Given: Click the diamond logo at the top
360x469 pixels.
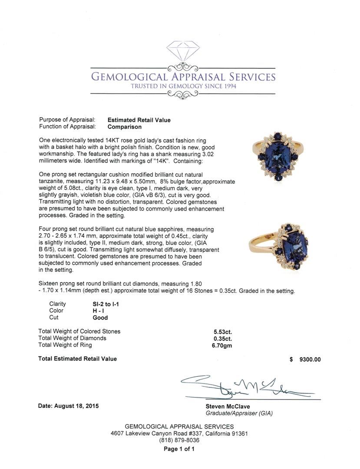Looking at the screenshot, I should point(183,52).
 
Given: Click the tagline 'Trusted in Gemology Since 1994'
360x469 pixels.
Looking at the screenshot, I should point(183,86).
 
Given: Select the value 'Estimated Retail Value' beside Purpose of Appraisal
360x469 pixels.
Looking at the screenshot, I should point(139,120).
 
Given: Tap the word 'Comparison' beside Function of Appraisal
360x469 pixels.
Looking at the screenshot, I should point(125,127).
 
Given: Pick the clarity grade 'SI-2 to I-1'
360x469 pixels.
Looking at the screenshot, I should point(103,304).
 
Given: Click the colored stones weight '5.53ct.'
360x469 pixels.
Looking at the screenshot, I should point(220,331).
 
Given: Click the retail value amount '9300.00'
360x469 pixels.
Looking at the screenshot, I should point(310,359).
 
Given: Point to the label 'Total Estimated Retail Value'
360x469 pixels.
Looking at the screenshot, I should point(77,359).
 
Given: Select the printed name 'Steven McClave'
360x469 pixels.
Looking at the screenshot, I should point(225,406).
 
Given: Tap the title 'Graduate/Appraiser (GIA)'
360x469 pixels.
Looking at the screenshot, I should point(239,413).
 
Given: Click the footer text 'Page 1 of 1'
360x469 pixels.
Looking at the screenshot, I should point(179,449).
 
